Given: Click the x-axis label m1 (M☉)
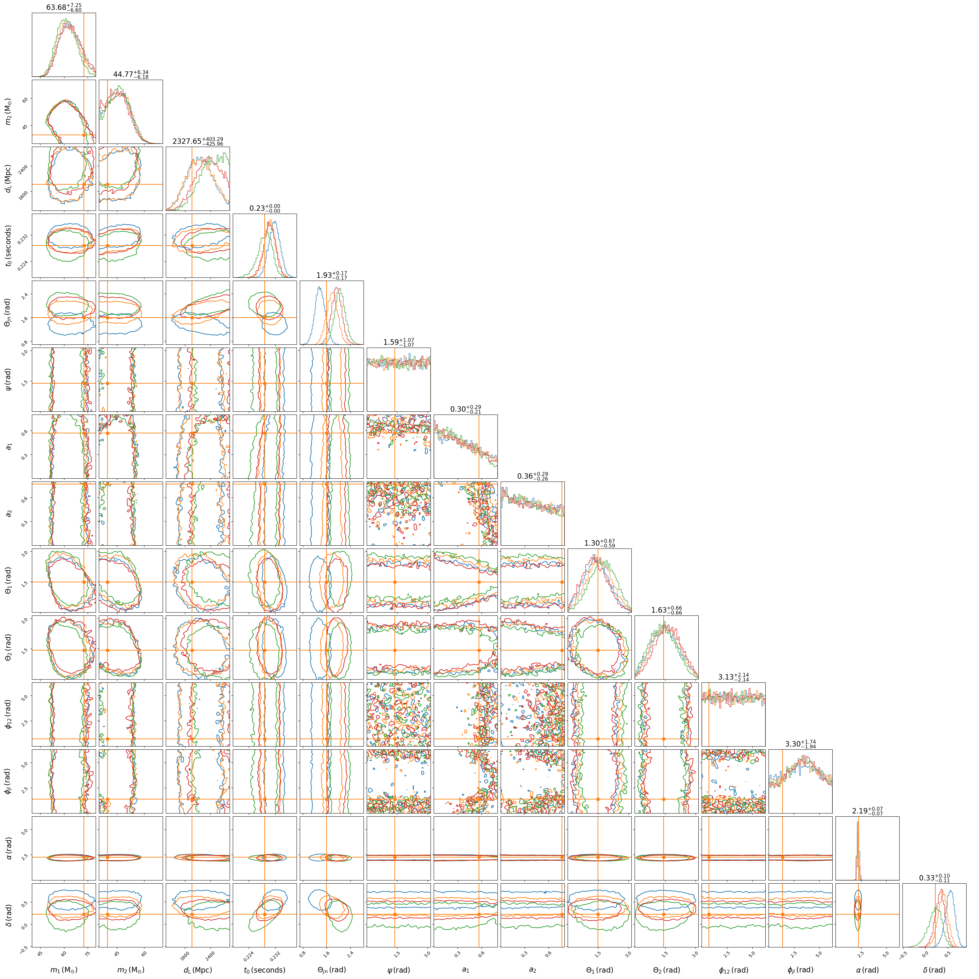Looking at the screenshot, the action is pos(64,970).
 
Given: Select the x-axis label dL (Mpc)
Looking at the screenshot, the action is pos(198,970).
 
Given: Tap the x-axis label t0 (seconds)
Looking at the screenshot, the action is pos(264,970).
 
